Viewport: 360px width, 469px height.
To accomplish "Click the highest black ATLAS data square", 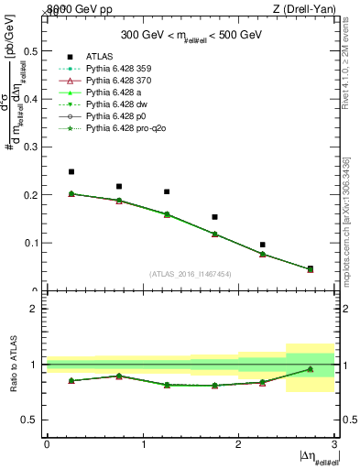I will coord(71,171).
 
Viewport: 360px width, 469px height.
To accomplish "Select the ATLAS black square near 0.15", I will coord(215,217).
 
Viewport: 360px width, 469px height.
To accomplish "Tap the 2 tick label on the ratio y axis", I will coord(34,310).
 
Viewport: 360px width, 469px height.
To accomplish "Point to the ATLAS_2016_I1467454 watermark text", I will coord(191,273).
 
